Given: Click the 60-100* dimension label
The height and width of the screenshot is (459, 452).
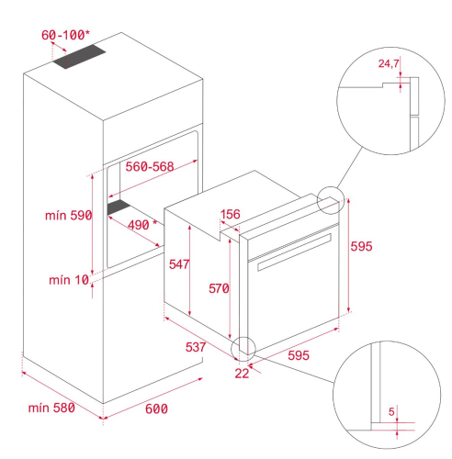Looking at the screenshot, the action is (x=65, y=35).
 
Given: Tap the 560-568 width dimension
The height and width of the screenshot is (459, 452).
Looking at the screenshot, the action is (x=150, y=167).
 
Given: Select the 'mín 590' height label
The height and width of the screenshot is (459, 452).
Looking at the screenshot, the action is (x=68, y=216).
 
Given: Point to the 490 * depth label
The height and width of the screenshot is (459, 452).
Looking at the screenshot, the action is (x=142, y=225).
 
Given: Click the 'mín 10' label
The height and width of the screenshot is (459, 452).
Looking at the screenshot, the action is (x=69, y=280).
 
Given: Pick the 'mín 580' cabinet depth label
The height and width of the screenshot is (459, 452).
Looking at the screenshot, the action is (x=51, y=408).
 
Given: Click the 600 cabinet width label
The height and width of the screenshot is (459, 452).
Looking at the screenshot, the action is (x=156, y=409).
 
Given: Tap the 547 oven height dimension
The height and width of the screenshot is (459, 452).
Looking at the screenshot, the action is (x=179, y=264).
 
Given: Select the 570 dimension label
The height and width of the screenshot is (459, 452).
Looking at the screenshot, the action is (x=219, y=288).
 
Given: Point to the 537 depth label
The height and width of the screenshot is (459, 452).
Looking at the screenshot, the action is (x=196, y=347).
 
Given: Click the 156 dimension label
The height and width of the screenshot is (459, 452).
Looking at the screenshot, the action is (x=231, y=214).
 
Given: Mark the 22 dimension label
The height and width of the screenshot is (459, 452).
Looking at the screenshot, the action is (x=242, y=374).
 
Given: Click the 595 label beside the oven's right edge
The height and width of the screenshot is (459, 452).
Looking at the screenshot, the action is (x=361, y=246).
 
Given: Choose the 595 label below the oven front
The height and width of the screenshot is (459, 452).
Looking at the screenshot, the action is (x=299, y=355).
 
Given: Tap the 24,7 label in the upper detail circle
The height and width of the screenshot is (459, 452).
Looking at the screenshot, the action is (x=389, y=63).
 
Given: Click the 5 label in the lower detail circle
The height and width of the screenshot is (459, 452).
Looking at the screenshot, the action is (x=391, y=412).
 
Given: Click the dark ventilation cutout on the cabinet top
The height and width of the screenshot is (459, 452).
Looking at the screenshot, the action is (x=79, y=57).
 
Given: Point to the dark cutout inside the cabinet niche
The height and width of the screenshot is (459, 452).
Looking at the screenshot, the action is (x=119, y=207).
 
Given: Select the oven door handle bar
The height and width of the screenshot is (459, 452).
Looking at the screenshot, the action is (x=294, y=252).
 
